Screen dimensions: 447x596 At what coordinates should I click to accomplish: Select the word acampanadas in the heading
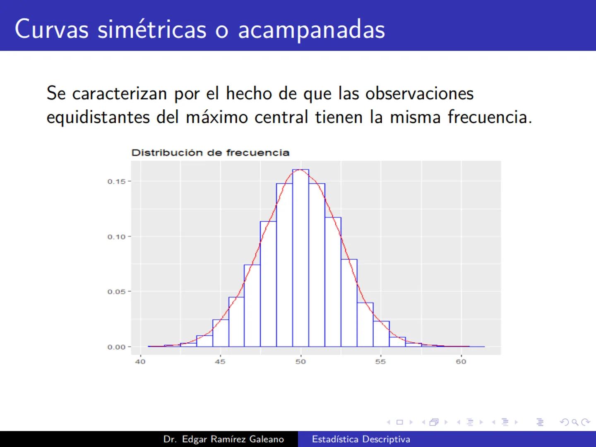311,30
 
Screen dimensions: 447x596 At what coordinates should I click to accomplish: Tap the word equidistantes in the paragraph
98,117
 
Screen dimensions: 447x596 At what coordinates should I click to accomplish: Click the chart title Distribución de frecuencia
210,153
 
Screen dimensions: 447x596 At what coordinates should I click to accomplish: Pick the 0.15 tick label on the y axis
116,181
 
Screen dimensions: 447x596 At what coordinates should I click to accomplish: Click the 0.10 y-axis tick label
116,237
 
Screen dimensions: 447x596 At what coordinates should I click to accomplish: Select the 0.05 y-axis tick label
116,292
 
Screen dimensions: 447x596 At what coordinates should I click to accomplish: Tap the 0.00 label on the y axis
116,347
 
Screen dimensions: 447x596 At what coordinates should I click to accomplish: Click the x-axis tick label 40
140,362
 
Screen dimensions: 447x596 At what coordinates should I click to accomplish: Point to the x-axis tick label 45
220,362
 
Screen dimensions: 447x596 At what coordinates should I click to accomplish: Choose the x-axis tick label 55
380,362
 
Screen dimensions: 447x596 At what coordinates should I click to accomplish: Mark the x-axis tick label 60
461,362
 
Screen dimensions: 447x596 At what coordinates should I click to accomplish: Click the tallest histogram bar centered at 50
300,257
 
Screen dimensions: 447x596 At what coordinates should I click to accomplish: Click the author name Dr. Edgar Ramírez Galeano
223,439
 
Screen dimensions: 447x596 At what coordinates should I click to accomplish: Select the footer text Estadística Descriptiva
361,439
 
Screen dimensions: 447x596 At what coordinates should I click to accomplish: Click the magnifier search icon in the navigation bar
575,422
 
